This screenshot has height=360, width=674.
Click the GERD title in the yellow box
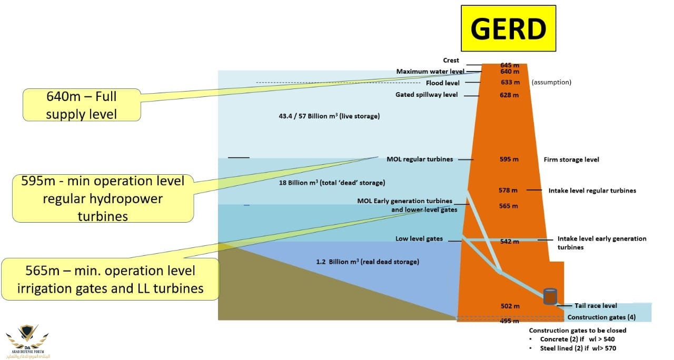tap(508, 28)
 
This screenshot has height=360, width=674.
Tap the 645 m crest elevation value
tap(509, 65)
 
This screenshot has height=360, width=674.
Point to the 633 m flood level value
tap(510, 83)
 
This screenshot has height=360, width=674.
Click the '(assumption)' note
tap(551, 83)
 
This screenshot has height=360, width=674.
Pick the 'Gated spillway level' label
tap(427, 95)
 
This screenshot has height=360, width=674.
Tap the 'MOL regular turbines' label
tap(420, 159)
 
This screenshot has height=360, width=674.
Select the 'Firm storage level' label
tap(571, 159)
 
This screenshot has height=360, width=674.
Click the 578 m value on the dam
tap(508, 190)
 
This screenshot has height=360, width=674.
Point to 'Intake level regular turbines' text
tap(592, 191)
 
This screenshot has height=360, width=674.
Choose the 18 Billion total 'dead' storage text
tap(332, 183)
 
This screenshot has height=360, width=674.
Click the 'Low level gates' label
tap(419, 239)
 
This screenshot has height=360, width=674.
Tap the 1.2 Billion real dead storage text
tap(368, 262)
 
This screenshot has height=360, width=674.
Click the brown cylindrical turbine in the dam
tap(550, 296)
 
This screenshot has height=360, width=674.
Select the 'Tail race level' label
tap(595, 306)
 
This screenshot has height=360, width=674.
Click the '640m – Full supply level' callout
tap(81, 105)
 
